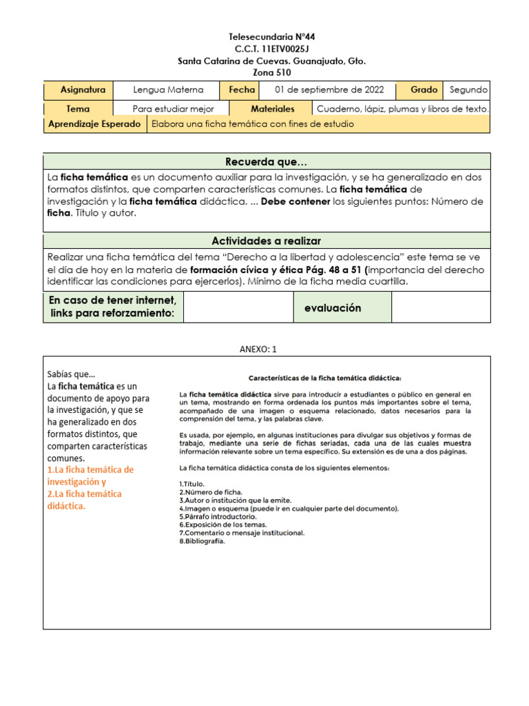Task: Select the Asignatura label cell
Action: click(x=83, y=90)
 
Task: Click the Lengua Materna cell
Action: click(x=168, y=90)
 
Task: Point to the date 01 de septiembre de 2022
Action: click(x=330, y=90)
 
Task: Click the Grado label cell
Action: click(x=424, y=90)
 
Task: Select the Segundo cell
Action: click(x=468, y=90)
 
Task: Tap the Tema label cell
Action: click(x=78, y=109)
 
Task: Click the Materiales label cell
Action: click(x=273, y=109)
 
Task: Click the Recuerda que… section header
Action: click(x=267, y=162)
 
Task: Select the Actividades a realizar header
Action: click(x=267, y=241)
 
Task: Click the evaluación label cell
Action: click(x=333, y=308)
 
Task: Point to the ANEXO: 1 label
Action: click(x=257, y=350)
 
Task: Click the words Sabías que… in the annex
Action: click(x=72, y=374)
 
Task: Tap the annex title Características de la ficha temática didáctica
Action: click(x=324, y=377)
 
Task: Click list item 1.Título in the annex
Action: click(x=191, y=484)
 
